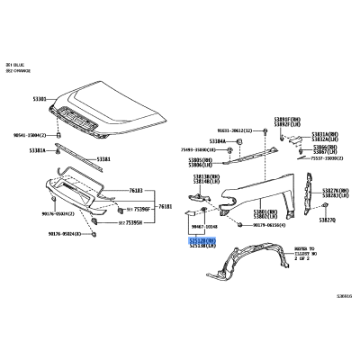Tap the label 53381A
pyautogui.click(x=38, y=150)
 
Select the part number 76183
pyautogui.click(x=137, y=191)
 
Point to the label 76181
pyautogui.click(x=166, y=207)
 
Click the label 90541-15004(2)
pyautogui.click(x=26, y=135)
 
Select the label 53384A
pyautogui.click(x=218, y=140)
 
